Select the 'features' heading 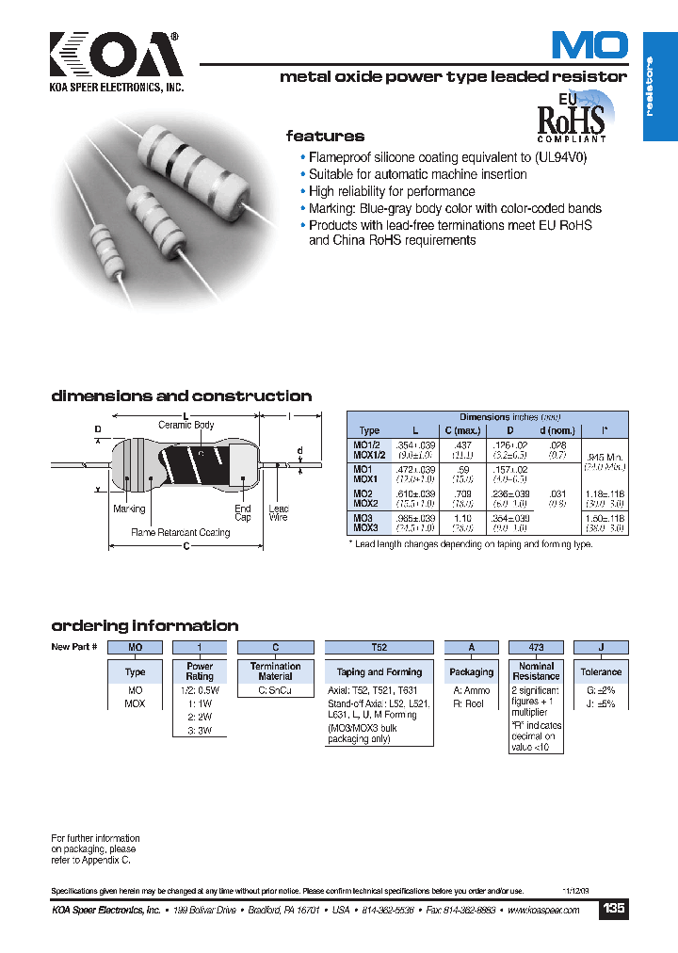pyautogui.click(x=325, y=136)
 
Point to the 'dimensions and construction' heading pyautogui.click(x=181, y=396)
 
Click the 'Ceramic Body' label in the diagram pyautogui.click(x=186, y=426)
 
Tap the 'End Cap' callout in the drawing pyautogui.click(x=243, y=513)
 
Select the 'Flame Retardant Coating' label pyautogui.click(x=181, y=533)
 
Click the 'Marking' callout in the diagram pyautogui.click(x=129, y=509)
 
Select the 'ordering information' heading pyautogui.click(x=144, y=626)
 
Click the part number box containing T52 pyautogui.click(x=379, y=648)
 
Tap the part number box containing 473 pyautogui.click(x=535, y=648)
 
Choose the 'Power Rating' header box pyautogui.click(x=199, y=671)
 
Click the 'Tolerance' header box pyautogui.click(x=601, y=671)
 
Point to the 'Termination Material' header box pyautogui.click(x=275, y=671)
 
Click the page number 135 pyautogui.click(x=613, y=909)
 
